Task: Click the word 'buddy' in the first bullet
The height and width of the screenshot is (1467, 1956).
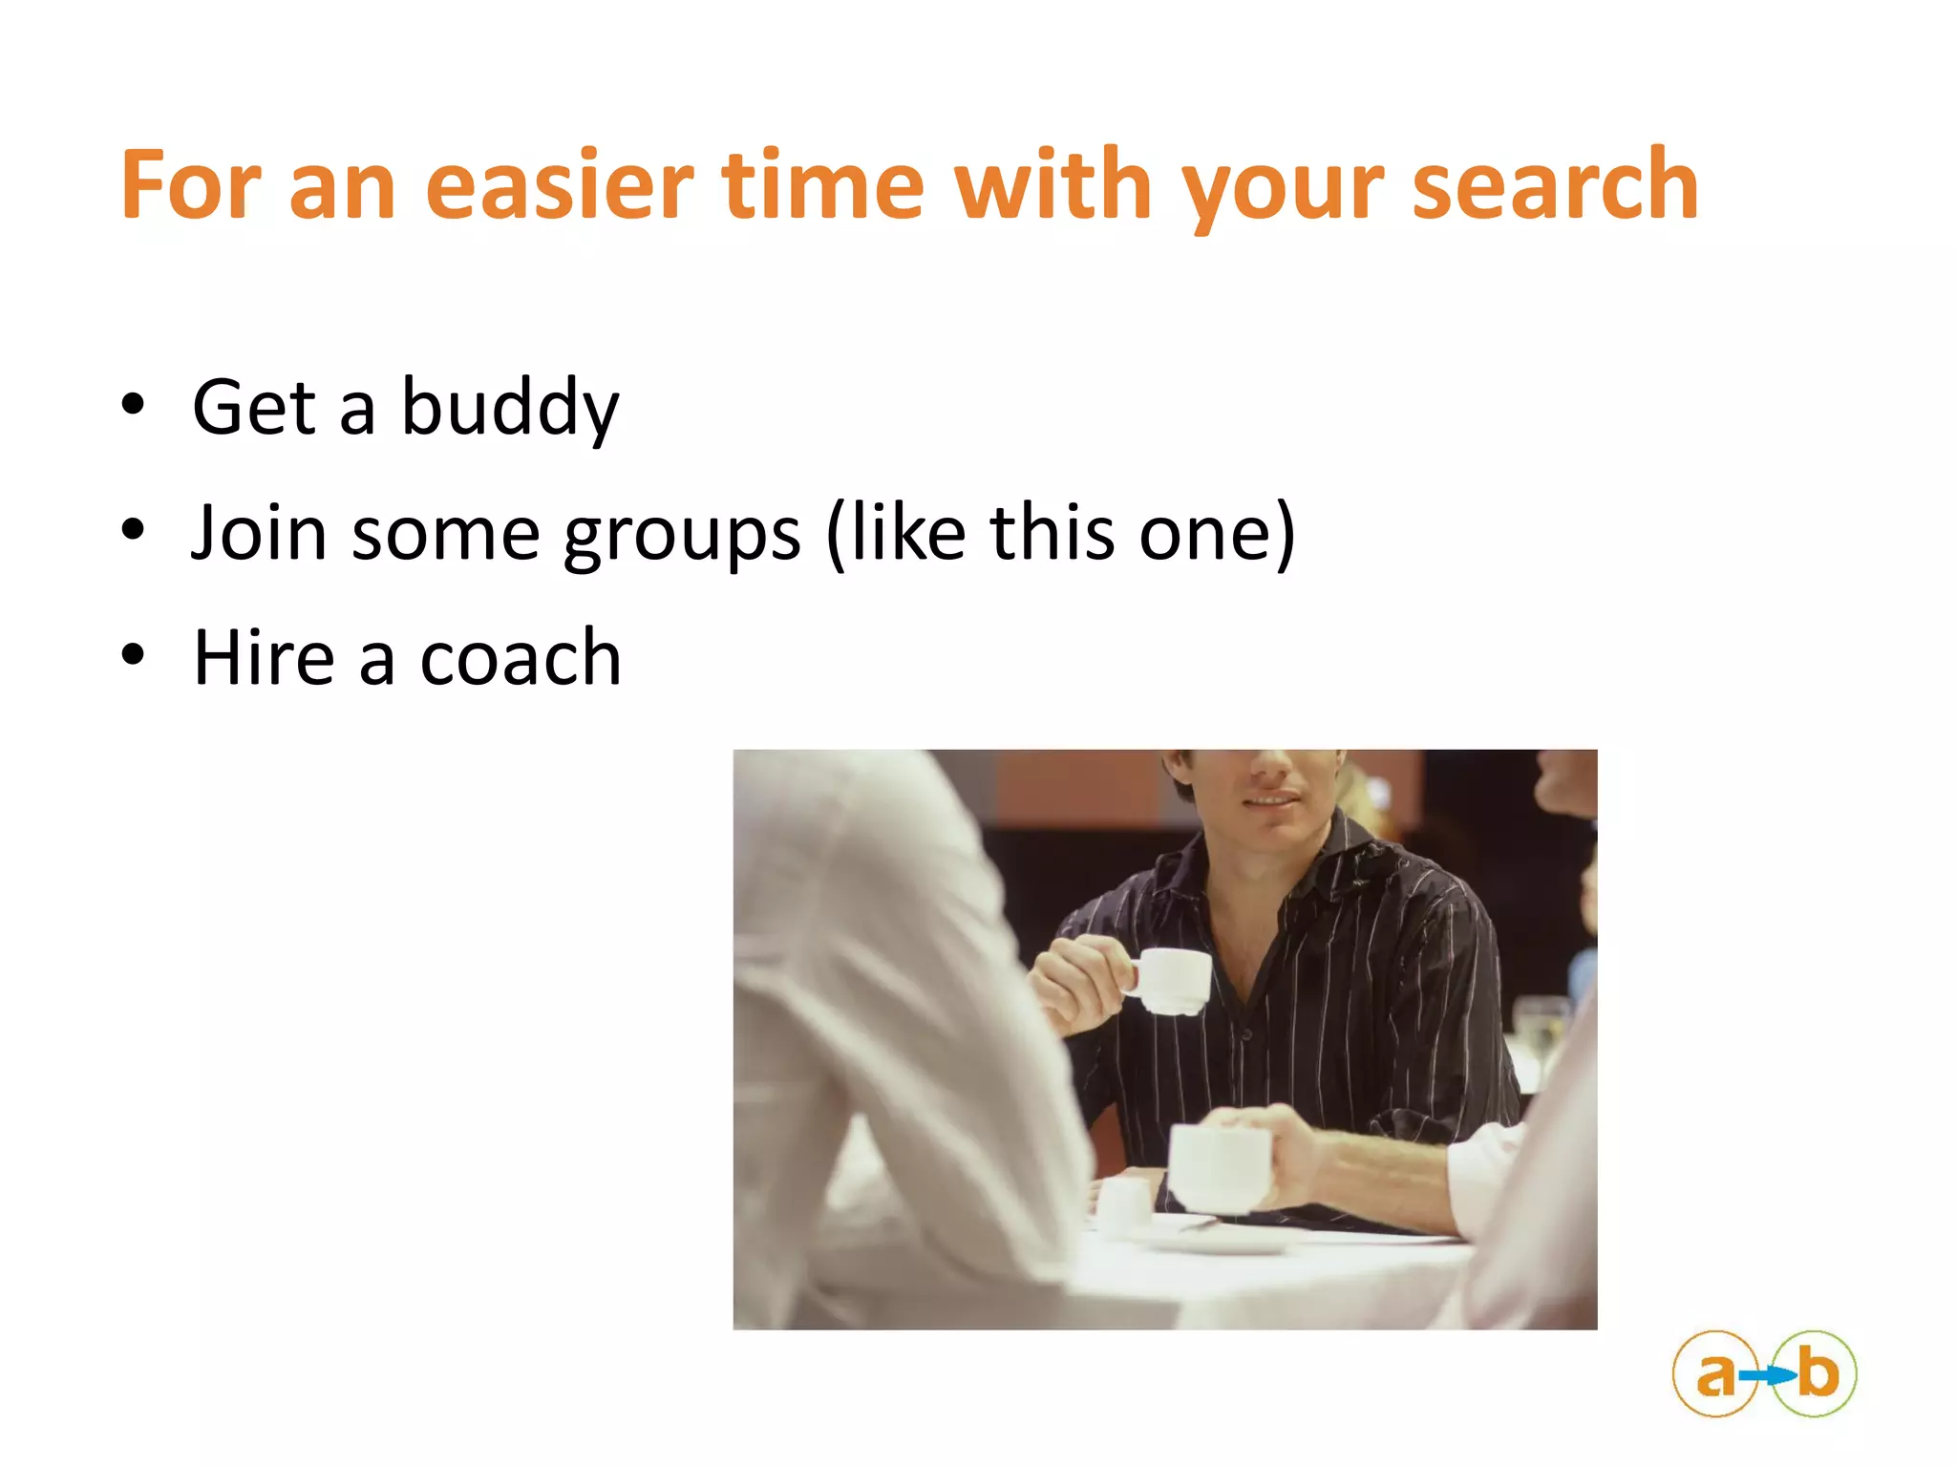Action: point(510,409)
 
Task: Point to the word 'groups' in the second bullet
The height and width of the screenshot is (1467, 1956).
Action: point(682,535)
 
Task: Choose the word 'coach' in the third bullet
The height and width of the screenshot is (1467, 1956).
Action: point(521,658)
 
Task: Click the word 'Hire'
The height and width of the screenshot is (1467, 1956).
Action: point(264,658)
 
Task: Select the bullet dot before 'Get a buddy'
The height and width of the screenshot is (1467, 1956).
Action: point(133,404)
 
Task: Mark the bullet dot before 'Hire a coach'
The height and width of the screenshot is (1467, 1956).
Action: point(133,654)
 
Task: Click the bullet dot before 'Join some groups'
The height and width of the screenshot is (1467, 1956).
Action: point(133,529)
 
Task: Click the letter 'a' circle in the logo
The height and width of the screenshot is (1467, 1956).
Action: point(1715,1374)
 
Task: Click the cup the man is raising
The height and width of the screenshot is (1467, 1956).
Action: point(1173,980)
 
